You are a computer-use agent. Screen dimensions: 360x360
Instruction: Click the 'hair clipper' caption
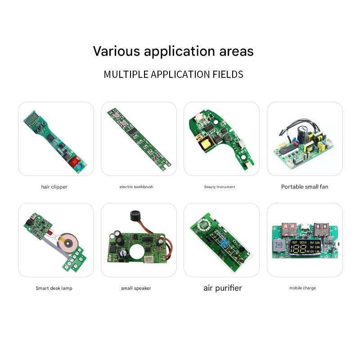click(54, 187)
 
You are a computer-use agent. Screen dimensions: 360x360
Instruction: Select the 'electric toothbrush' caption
click(136, 187)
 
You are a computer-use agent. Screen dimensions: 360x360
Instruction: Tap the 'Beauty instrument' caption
click(220, 187)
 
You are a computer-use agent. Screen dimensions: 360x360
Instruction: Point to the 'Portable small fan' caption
click(305, 186)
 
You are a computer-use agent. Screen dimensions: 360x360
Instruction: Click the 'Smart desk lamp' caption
click(54, 288)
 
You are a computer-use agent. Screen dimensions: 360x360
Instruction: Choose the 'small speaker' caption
click(136, 288)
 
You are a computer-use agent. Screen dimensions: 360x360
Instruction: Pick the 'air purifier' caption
click(222, 288)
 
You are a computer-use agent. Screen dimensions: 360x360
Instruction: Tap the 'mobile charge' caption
click(302, 288)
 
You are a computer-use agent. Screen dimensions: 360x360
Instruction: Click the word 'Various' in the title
click(117, 51)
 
